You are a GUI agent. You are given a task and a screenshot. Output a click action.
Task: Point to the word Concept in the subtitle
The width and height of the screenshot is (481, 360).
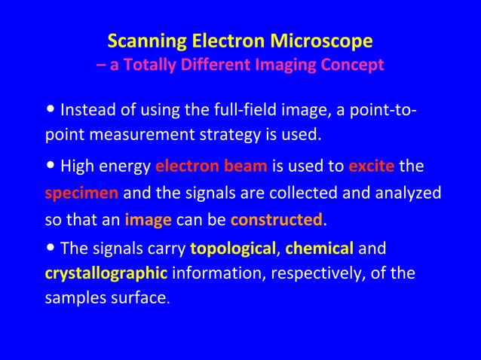354,65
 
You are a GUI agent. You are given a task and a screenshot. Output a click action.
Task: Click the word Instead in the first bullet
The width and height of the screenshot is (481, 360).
84,111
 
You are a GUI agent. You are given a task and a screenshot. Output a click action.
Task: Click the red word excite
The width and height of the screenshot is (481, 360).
372,166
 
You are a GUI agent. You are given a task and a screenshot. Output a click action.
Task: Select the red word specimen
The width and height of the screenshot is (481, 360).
81,193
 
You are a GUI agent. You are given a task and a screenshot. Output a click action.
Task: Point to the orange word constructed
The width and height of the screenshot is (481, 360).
276,220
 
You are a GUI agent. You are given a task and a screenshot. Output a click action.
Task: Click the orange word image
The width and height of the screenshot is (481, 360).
149,220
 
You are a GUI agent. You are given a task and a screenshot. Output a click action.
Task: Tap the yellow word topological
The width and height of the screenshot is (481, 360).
232,248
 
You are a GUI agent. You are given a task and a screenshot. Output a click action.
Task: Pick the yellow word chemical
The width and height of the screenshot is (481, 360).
320,248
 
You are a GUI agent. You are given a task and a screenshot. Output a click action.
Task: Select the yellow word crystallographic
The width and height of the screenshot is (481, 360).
106,273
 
